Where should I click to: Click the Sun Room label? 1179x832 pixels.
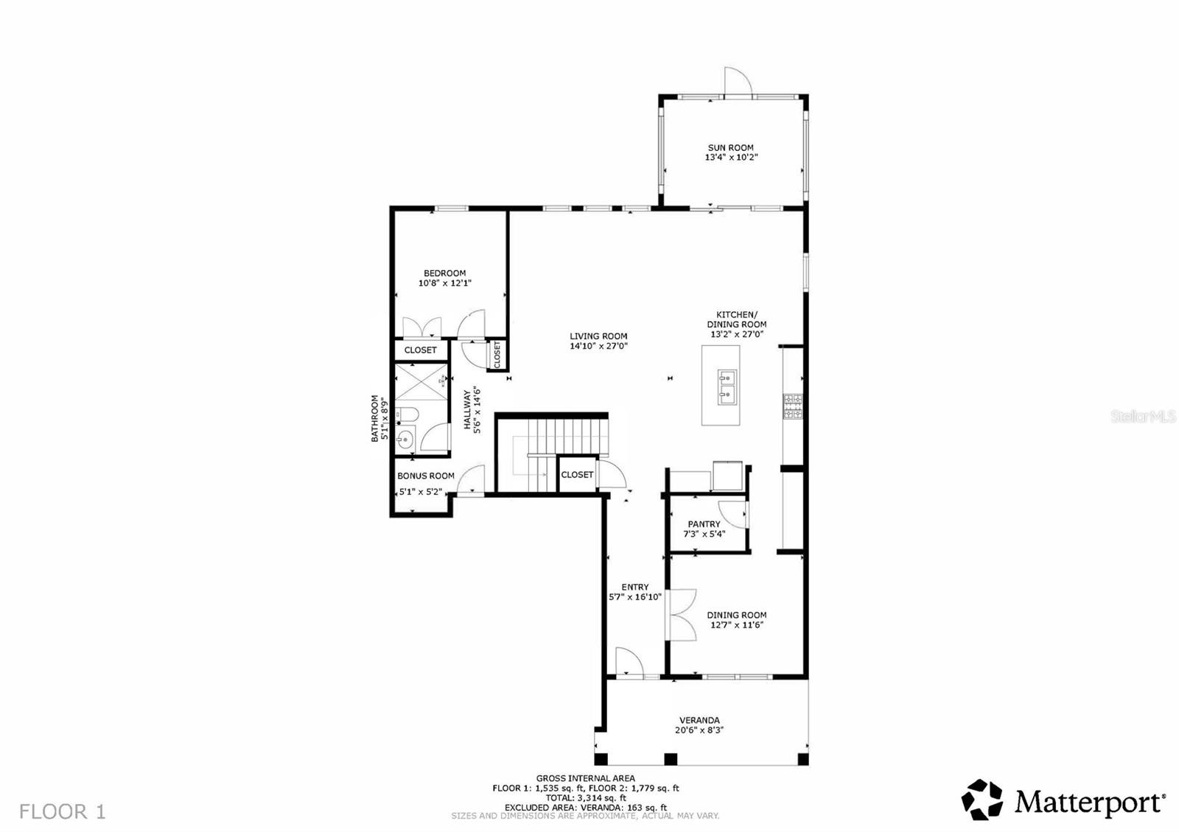(730, 148)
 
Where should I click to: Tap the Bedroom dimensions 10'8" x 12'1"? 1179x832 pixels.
(444, 283)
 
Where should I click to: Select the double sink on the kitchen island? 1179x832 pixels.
(726, 387)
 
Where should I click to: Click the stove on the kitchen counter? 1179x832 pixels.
(792, 406)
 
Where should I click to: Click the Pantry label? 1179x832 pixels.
(704, 524)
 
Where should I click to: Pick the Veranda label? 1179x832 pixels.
(699, 720)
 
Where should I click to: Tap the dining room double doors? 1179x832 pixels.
(682, 614)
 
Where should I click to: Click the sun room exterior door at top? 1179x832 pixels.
(737, 81)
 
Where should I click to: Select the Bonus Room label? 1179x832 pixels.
(425, 476)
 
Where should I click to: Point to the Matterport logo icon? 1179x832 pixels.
(982, 800)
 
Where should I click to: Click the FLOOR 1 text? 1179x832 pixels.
(63, 812)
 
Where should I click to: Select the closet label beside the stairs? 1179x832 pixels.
(577, 475)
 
